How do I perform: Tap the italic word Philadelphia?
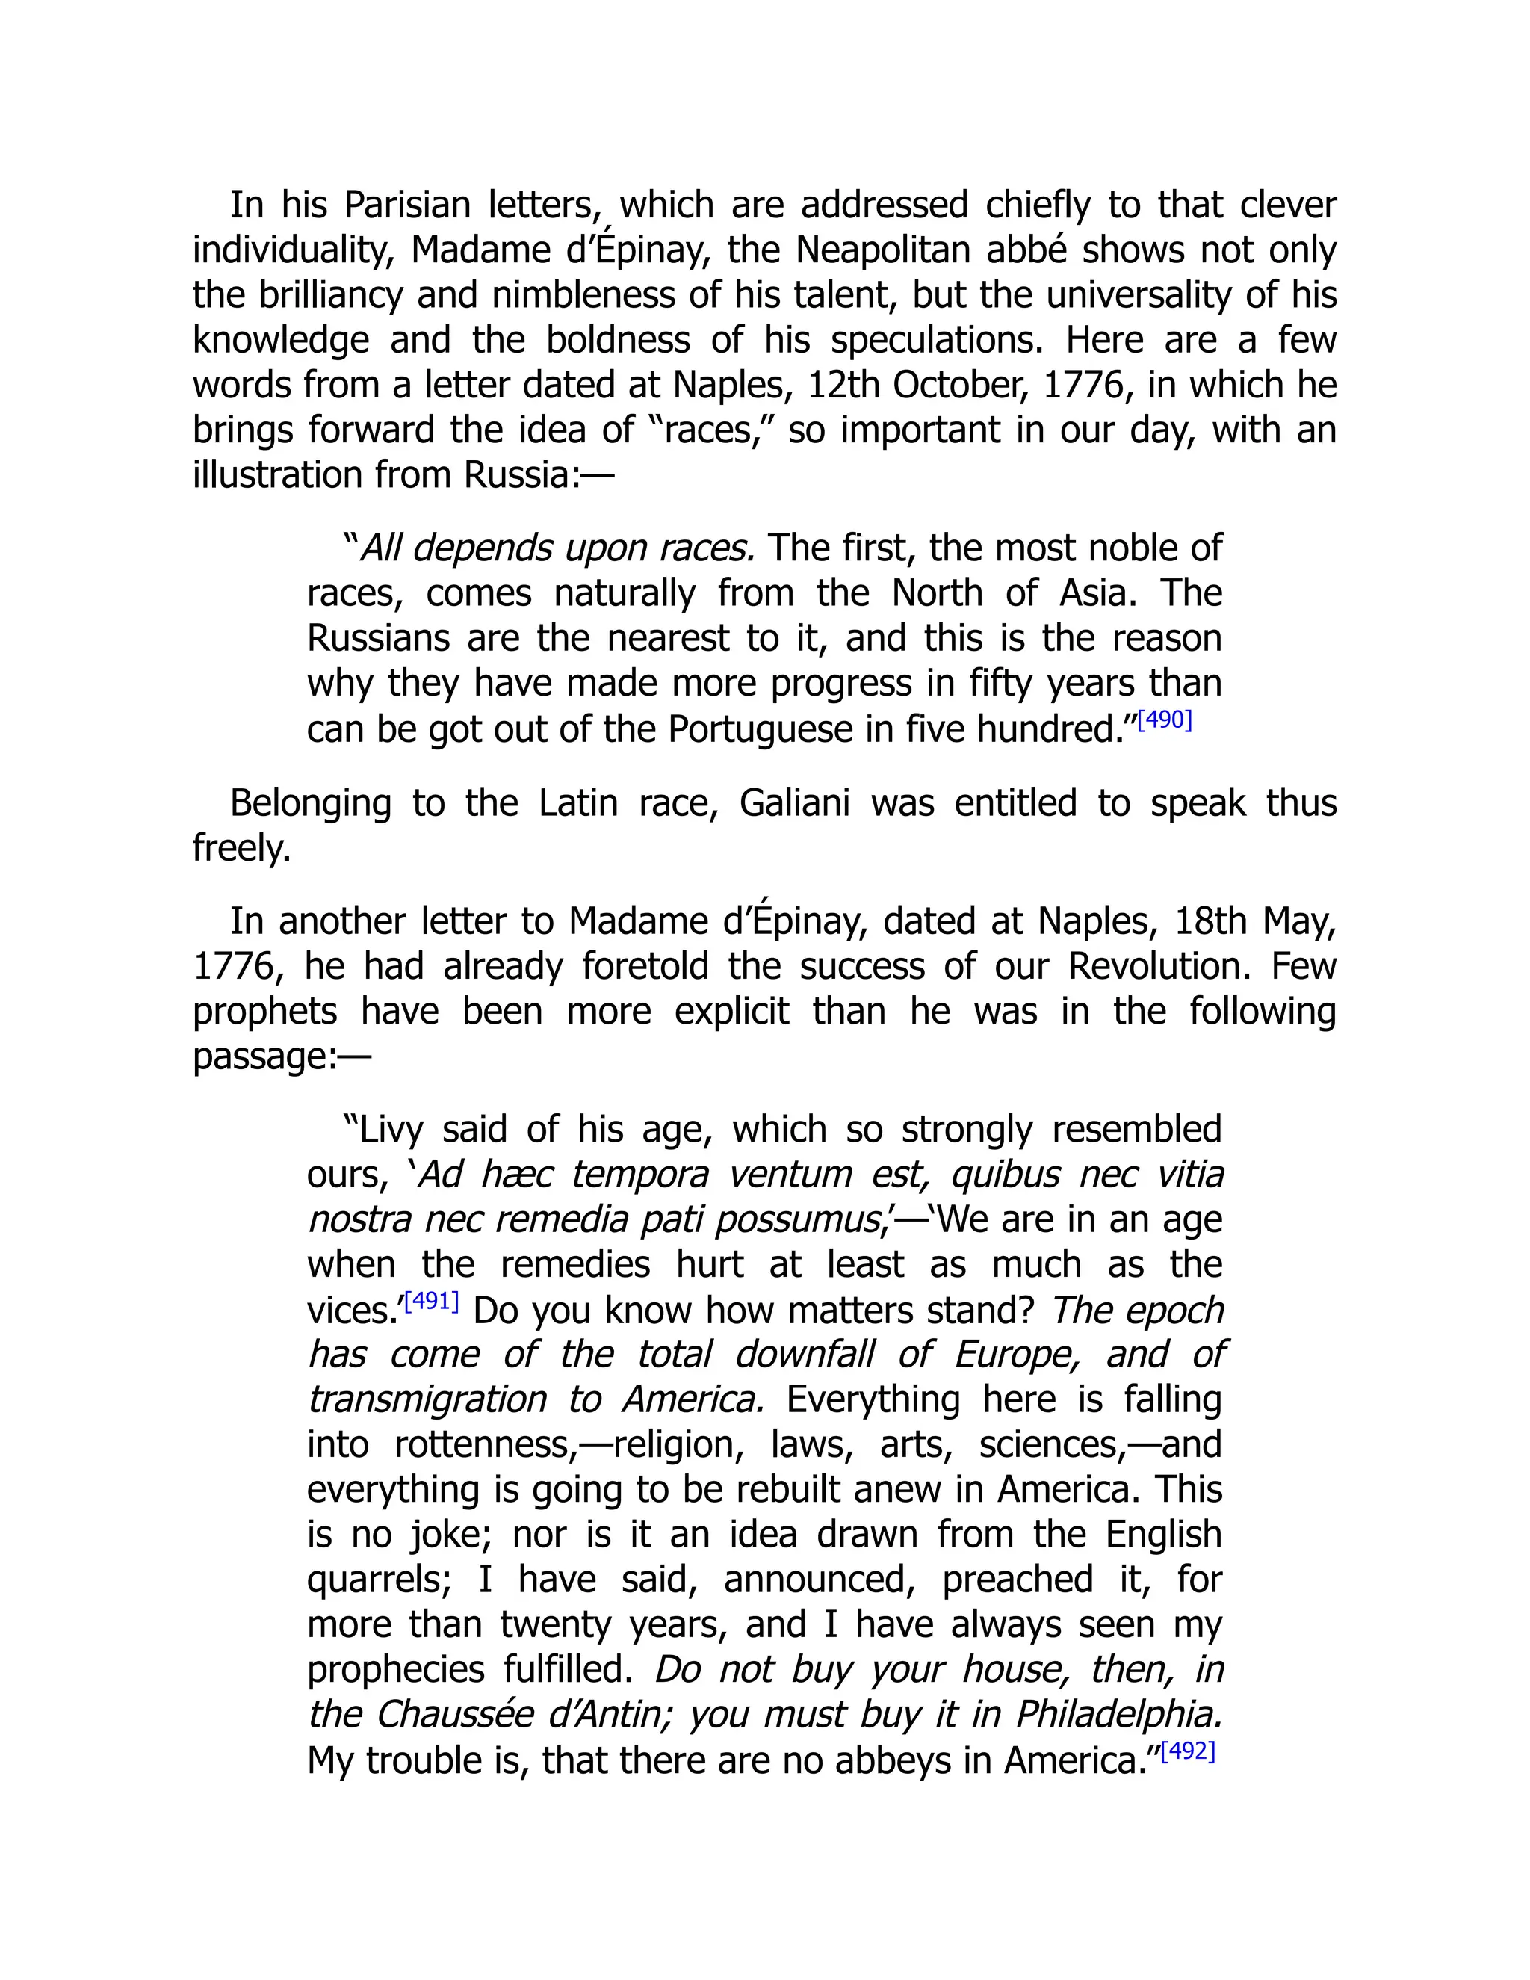click(x=1118, y=1716)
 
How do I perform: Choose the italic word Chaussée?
click(x=454, y=1716)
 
